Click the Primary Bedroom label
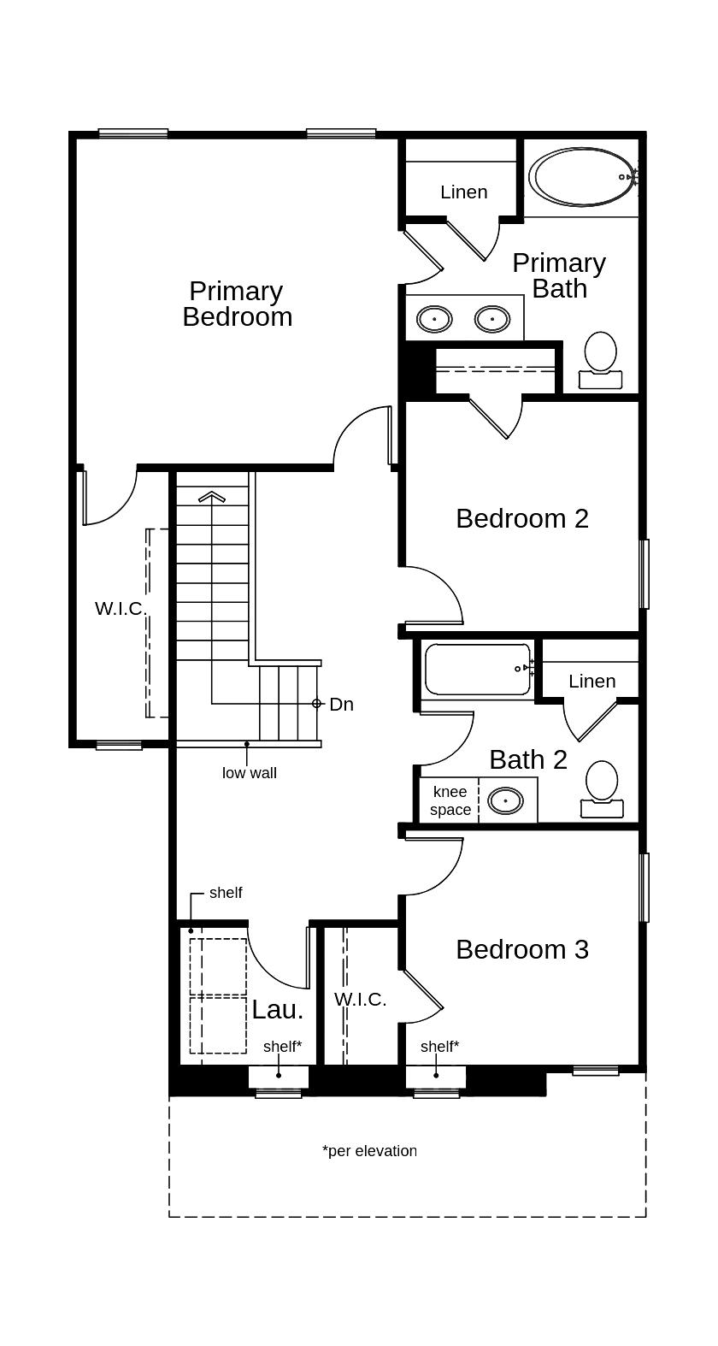click(x=237, y=304)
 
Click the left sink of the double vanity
click(x=434, y=320)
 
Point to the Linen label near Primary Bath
click(x=463, y=192)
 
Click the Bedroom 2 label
click(x=521, y=518)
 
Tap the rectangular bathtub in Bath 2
click(x=475, y=670)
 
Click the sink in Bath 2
click(x=505, y=801)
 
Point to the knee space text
click(x=450, y=800)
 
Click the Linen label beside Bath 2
click(x=591, y=682)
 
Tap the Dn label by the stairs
click(x=341, y=705)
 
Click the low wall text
click(x=249, y=773)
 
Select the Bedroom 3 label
click(x=521, y=949)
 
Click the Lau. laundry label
click(x=277, y=1009)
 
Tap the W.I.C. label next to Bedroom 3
click(x=360, y=999)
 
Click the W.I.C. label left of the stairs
click(x=119, y=609)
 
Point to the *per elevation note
click(x=369, y=1151)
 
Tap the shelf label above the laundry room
click(x=226, y=893)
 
